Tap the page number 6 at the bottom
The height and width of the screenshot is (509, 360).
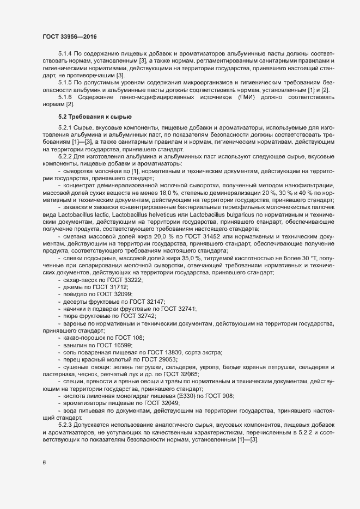[x=44, y=463]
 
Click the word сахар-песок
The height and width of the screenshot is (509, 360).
[x=82, y=279]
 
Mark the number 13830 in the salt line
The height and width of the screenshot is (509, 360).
[x=170, y=352]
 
